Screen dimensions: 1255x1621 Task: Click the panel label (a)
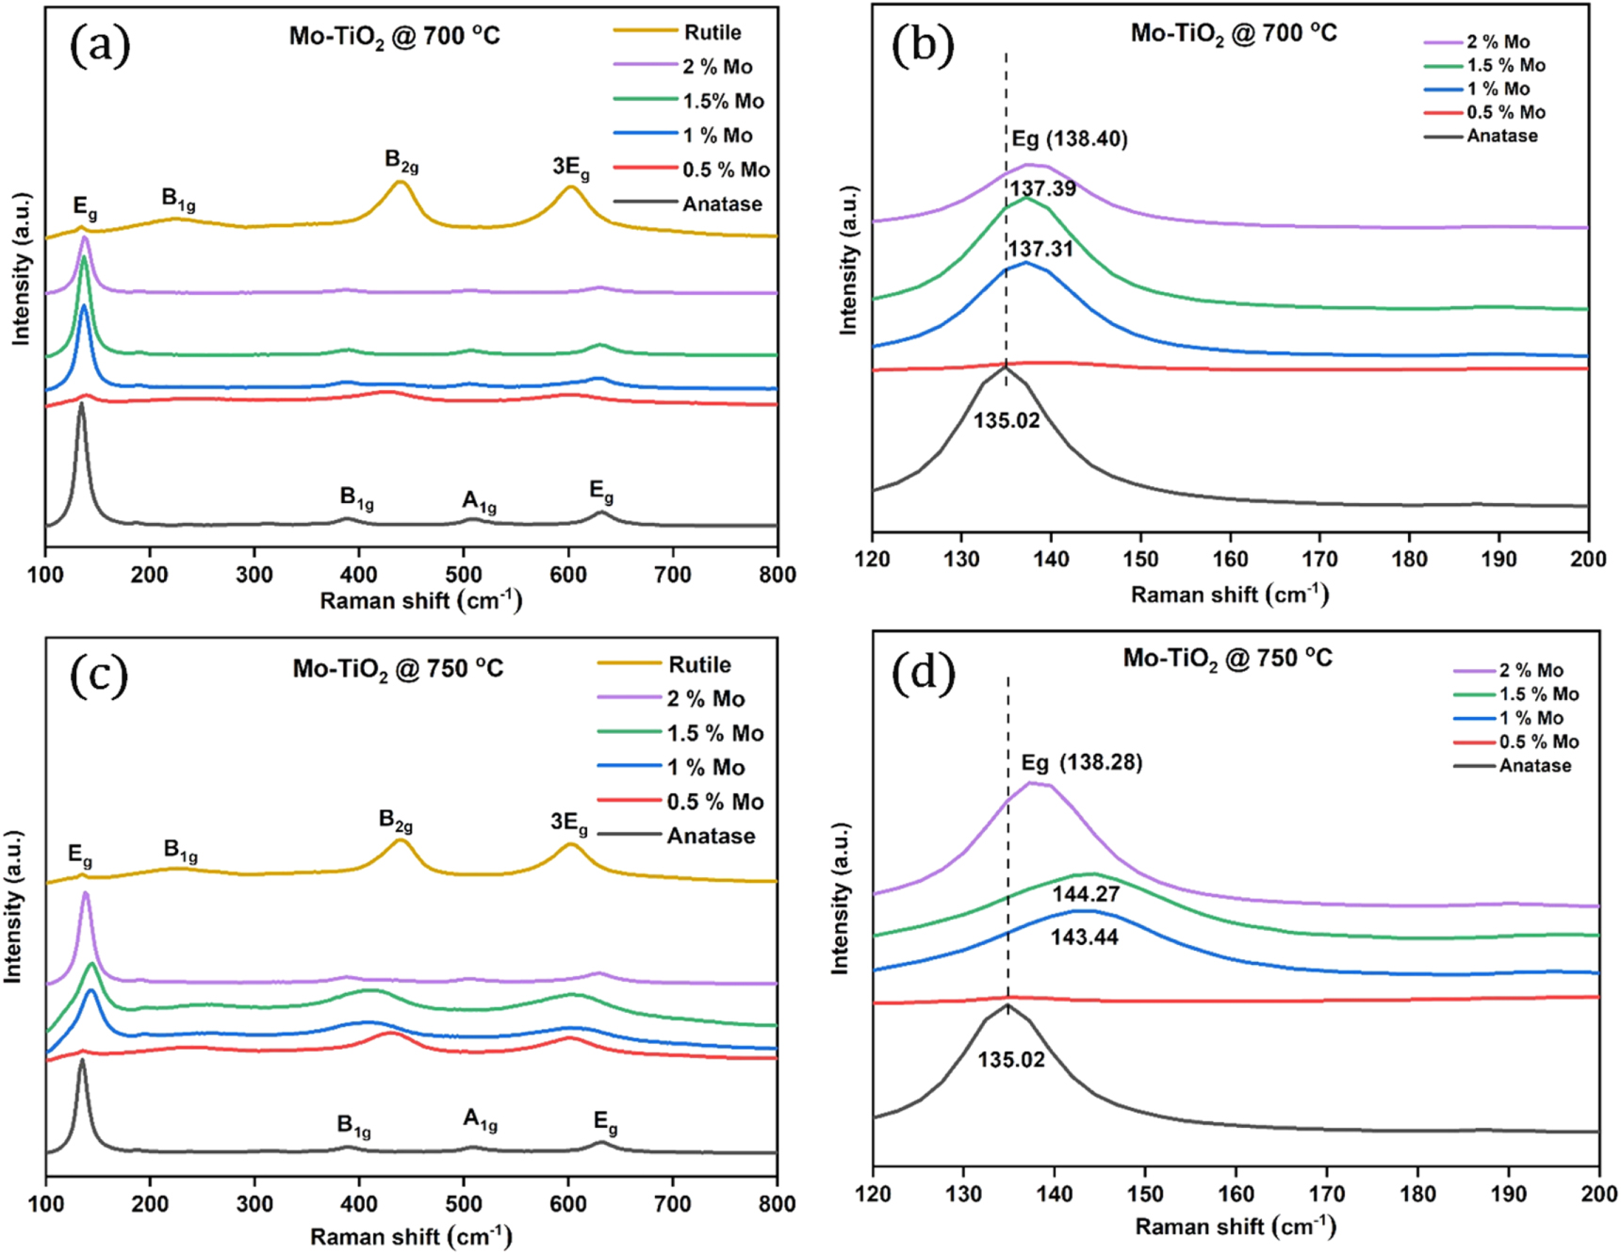(100, 44)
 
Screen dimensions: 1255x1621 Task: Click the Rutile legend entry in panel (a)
(712, 32)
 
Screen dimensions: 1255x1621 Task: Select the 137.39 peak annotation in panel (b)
(1042, 188)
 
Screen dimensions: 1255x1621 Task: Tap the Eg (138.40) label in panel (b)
(1070, 139)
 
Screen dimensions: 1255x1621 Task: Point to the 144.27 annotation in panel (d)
(1086, 894)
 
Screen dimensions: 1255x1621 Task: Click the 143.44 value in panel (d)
(1084, 937)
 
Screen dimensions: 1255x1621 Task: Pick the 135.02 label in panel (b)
(1007, 420)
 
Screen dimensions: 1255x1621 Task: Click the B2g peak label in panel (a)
(401, 161)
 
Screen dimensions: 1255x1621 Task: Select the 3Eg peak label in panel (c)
(569, 823)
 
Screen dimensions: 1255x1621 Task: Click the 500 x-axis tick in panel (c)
(463, 1204)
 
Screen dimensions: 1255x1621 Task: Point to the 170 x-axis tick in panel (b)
(1319, 560)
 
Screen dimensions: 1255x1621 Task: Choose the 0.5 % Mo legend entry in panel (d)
(1539, 742)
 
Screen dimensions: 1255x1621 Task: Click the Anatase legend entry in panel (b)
(1501, 136)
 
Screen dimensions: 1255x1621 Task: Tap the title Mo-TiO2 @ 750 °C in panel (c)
(398, 669)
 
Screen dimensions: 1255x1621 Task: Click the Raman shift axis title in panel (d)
(1236, 1227)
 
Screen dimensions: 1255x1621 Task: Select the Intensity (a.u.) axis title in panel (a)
(21, 269)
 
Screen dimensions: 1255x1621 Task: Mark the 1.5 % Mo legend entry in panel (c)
(714, 733)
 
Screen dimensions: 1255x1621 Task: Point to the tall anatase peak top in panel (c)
(82, 1060)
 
